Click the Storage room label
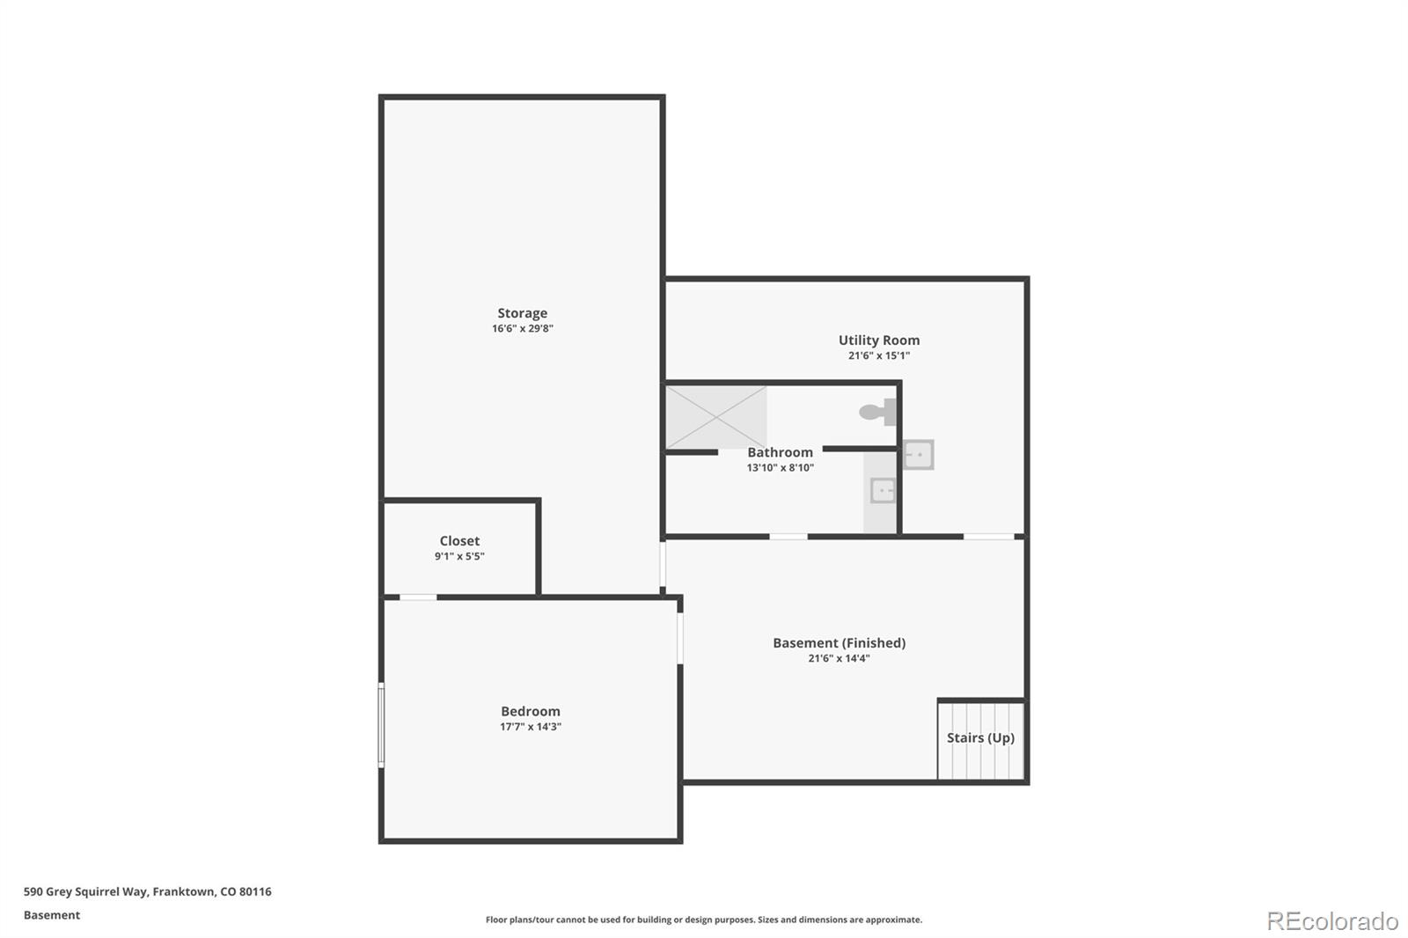tap(522, 313)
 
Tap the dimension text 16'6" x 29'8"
tap(522, 329)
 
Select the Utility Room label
tap(878, 341)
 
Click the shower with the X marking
tap(715, 417)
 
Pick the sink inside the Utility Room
tap(918, 455)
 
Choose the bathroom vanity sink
tap(882, 490)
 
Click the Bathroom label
tap(780, 452)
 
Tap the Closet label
tap(459, 541)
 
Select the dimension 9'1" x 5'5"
tap(459, 557)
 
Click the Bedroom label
tap(530, 711)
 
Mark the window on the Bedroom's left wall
tap(381, 725)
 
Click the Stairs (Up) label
tap(980, 738)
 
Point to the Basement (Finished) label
tap(839, 643)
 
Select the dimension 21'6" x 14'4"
tap(839, 659)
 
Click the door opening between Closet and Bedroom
tap(418, 597)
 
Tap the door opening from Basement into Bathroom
tap(788, 537)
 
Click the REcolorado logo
tap(1331, 921)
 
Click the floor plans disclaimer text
tap(704, 920)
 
